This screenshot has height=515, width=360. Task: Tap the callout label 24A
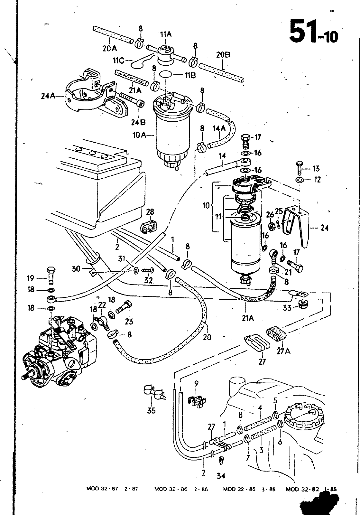[48, 96]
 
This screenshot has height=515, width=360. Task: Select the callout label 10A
[139, 135]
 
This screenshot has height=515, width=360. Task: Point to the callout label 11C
[118, 61]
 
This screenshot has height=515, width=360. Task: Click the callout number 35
[152, 410]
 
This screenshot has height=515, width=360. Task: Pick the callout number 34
[221, 476]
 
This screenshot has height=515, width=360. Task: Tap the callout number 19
[31, 278]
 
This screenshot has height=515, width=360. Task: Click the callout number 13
[316, 169]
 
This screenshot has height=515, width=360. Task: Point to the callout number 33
[287, 308]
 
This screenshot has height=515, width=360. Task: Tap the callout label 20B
[223, 55]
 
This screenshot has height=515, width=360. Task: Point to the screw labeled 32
[148, 271]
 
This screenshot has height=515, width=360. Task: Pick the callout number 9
[196, 383]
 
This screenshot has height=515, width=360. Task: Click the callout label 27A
[283, 351]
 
